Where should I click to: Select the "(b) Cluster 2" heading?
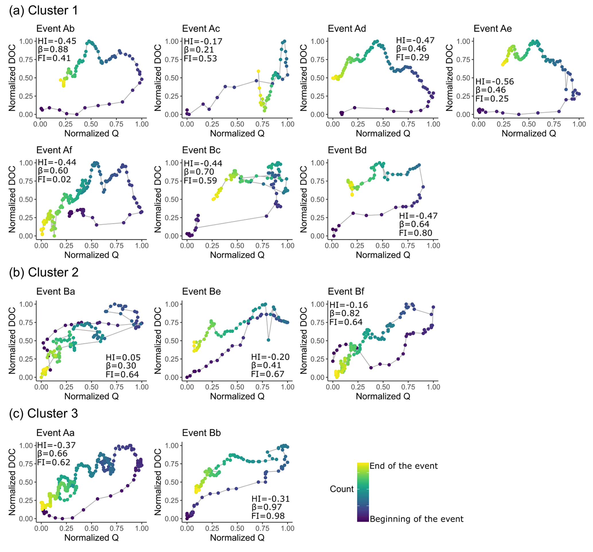point(44,272)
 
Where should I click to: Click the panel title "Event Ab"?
point(55,29)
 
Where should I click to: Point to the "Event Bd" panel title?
point(347,150)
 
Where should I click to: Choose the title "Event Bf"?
point(346,292)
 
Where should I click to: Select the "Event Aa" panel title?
point(55,433)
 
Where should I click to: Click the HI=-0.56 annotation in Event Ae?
point(495,82)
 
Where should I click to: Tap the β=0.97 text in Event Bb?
point(266,507)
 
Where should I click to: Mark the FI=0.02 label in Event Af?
point(54,180)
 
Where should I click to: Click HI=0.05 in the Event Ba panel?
point(123,357)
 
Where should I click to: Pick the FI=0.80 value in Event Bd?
point(415,233)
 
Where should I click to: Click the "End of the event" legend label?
point(403,466)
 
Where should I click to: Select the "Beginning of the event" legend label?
point(416,519)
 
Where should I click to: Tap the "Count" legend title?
point(342,489)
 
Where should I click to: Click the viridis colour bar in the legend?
point(363,492)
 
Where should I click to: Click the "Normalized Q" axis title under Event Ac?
point(237,133)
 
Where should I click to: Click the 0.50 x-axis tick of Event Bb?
point(237,528)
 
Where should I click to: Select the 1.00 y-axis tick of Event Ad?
point(317,41)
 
